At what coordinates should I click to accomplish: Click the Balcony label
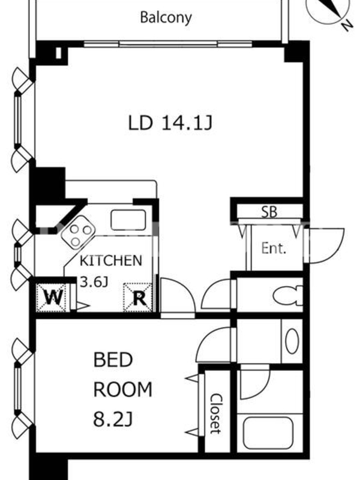pyautogui.click(x=166, y=18)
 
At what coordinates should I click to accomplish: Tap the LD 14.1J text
pyautogui.click(x=170, y=123)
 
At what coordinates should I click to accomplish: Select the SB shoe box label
pyautogui.click(x=269, y=212)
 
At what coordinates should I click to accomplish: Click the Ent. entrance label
pyautogui.click(x=274, y=248)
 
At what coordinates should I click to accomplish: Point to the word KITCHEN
pyautogui.click(x=111, y=260)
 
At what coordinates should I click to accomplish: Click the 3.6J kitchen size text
pyautogui.click(x=94, y=281)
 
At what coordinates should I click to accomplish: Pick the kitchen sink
pyautogui.click(x=128, y=220)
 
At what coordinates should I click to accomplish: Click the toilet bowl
pyautogui.click(x=287, y=296)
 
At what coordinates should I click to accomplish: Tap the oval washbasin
pyautogui.click(x=292, y=341)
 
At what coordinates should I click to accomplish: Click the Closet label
pyautogui.click(x=216, y=413)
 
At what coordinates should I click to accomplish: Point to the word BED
pyautogui.click(x=113, y=359)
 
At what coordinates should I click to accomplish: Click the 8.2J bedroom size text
pyautogui.click(x=113, y=419)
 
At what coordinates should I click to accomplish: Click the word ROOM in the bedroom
pyautogui.click(x=123, y=389)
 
